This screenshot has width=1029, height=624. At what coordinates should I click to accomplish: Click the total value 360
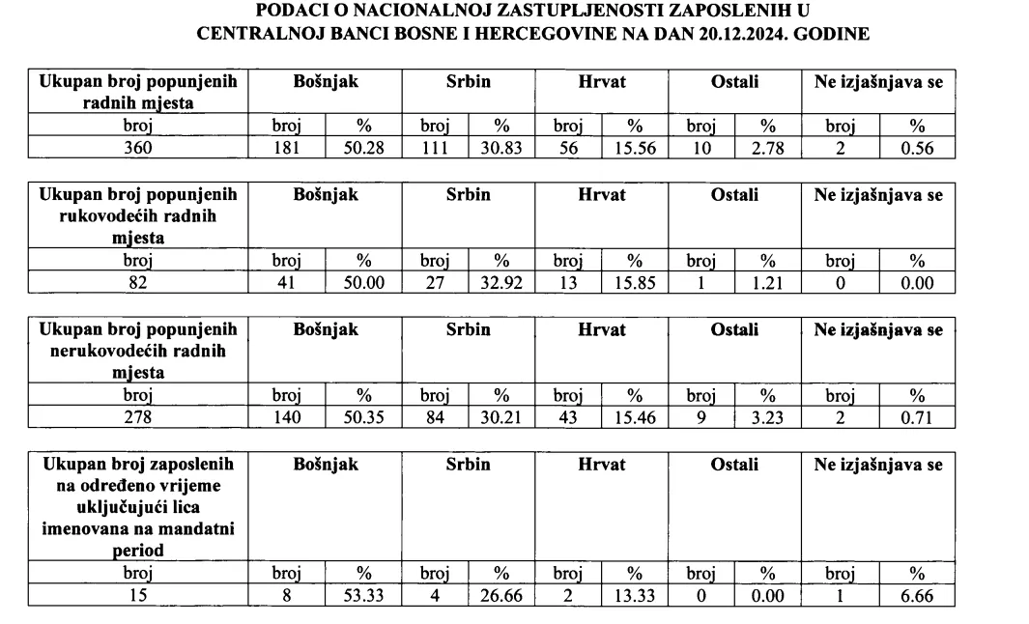click(138, 145)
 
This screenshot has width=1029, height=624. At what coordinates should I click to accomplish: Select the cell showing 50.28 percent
click(364, 145)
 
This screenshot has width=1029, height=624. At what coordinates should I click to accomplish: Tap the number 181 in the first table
click(287, 145)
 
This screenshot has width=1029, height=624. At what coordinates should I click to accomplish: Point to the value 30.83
click(501, 145)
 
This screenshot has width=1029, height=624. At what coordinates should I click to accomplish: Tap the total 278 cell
click(138, 416)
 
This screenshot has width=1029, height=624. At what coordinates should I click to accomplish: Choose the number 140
click(287, 416)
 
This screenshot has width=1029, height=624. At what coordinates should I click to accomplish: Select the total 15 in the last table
click(138, 595)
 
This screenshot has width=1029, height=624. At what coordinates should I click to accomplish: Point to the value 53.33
click(364, 595)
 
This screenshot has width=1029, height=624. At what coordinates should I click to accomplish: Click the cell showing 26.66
click(501, 595)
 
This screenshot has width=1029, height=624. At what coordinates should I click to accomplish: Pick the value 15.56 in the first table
click(635, 145)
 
